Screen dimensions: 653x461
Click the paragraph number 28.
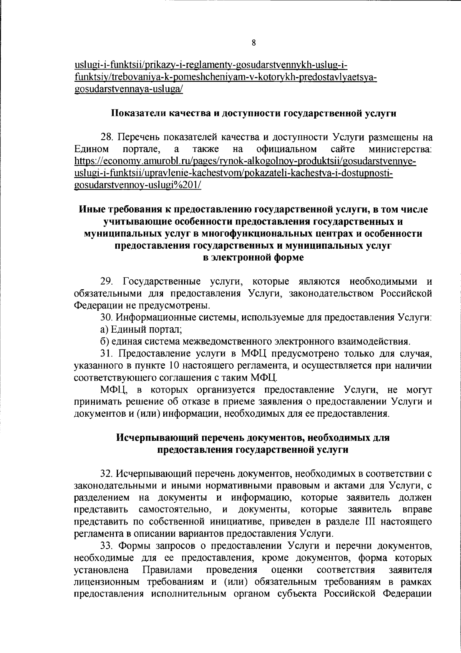(x=106, y=137)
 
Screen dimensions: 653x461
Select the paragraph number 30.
(x=106, y=318)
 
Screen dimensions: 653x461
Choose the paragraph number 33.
(x=106, y=545)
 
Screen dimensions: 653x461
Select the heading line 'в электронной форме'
(x=253, y=258)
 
